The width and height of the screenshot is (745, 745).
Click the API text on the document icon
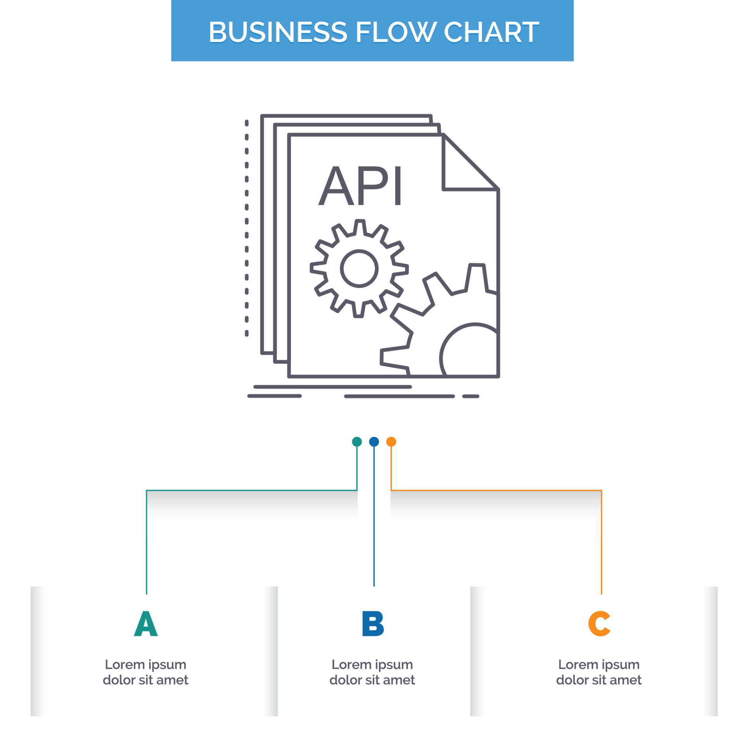[360, 186]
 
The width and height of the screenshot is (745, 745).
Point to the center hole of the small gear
[359, 269]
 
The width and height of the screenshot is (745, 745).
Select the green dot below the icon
[357, 442]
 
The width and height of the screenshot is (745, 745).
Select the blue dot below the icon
[374, 442]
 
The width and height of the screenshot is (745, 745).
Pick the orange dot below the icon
[391, 442]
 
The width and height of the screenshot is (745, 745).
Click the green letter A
[146, 624]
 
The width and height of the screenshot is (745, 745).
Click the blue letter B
[372, 624]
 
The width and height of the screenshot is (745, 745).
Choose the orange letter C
[599, 624]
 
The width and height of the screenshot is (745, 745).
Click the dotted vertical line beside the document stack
[247, 229]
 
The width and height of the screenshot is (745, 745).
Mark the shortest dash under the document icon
[471, 396]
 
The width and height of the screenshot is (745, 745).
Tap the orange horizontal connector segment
[497, 490]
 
